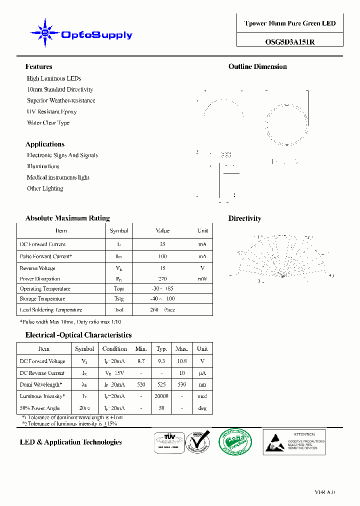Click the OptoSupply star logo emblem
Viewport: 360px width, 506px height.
pyautogui.click(x=45, y=33)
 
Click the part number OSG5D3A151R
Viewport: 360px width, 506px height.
pyautogui.click(x=290, y=42)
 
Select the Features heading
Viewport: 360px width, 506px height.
pyautogui.click(x=38, y=66)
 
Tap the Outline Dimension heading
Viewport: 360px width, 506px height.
pyautogui.click(x=257, y=66)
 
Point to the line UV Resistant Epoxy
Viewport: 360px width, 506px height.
pyautogui.click(x=51, y=111)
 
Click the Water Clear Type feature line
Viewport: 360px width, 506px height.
pyautogui.click(x=48, y=122)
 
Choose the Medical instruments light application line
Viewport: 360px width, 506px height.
pyautogui.click(x=58, y=177)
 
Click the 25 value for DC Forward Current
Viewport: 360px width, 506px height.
pyautogui.click(x=162, y=244)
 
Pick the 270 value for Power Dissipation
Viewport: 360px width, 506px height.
pyautogui.click(x=162, y=279)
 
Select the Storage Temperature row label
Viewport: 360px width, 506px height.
pyautogui.click(x=42, y=299)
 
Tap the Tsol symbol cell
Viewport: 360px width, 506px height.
pyautogui.click(x=118, y=310)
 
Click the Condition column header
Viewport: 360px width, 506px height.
pyautogui.click(x=114, y=349)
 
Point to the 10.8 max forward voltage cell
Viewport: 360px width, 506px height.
pyautogui.click(x=181, y=361)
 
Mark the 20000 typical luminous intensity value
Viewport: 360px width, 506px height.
pyautogui.click(x=161, y=396)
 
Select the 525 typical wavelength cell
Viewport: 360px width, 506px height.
pyautogui.click(x=161, y=384)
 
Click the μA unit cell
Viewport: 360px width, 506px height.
pyautogui.click(x=202, y=373)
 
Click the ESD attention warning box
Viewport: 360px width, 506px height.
pyautogui.click(x=294, y=442)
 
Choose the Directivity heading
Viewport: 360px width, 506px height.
pyautogui.click(x=244, y=218)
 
